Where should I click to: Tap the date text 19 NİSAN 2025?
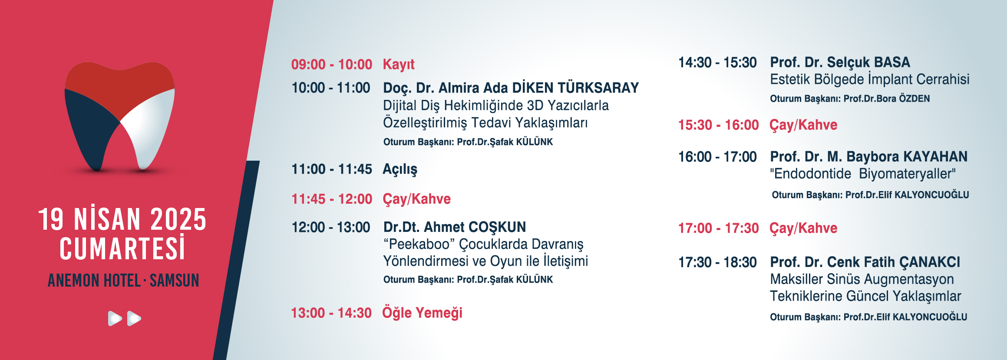point(122,220)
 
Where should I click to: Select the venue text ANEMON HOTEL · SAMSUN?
point(123,281)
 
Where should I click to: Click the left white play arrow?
point(115,318)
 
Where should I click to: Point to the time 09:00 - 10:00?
point(332,65)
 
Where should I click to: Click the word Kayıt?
point(399,65)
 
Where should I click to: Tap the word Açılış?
point(400,169)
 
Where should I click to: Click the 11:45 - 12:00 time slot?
point(332,199)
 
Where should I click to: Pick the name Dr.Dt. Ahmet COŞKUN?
point(455,227)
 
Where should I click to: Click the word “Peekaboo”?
point(419,244)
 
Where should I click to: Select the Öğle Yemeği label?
point(422,313)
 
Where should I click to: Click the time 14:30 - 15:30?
point(718,63)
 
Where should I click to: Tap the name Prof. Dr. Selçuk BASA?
point(840,63)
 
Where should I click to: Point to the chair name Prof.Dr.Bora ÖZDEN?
point(887,99)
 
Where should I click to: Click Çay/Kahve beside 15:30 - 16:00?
point(803,125)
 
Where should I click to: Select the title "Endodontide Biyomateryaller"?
point(863,174)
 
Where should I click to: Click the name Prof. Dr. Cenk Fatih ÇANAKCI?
point(865,262)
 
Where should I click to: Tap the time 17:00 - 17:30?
point(719,228)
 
